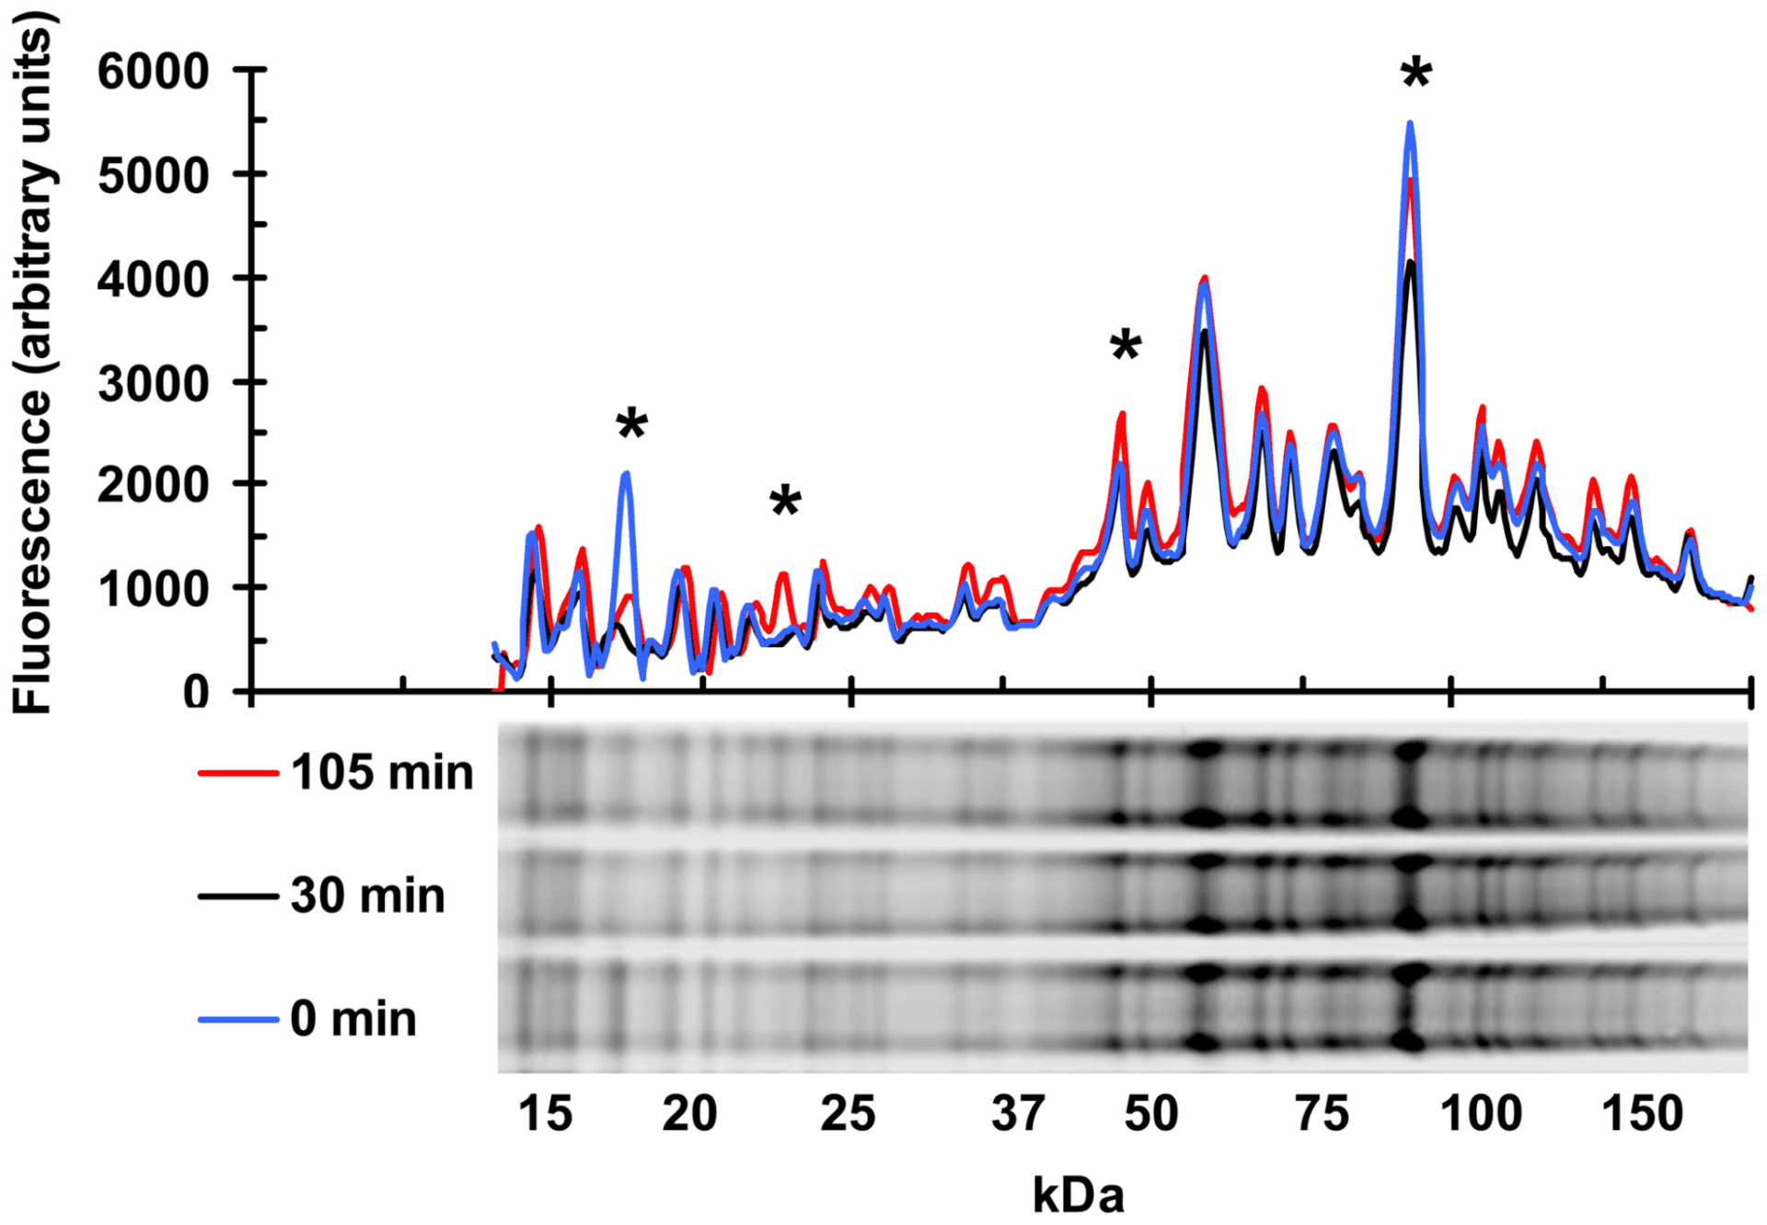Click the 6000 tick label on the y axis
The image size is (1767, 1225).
pyautogui.click(x=154, y=72)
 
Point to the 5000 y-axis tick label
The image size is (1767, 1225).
pyautogui.click(x=154, y=175)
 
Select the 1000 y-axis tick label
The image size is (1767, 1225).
pyautogui.click(x=154, y=589)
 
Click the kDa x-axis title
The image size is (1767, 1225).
pyautogui.click(x=1078, y=1195)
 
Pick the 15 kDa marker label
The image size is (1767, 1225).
pyautogui.click(x=545, y=1114)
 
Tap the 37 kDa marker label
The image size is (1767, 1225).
pyautogui.click(x=1017, y=1114)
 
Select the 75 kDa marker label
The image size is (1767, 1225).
pyautogui.click(x=1322, y=1114)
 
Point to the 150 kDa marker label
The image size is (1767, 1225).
pyautogui.click(x=1642, y=1114)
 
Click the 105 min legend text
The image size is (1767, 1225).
pyautogui.click(x=382, y=772)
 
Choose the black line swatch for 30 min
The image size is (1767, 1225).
pyautogui.click(x=238, y=896)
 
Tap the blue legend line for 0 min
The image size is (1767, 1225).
pyautogui.click(x=238, y=1019)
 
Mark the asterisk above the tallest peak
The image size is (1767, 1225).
pyautogui.click(x=1416, y=72)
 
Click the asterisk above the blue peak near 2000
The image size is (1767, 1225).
pyautogui.click(x=632, y=424)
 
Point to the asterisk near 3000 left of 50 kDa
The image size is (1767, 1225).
pyautogui.click(x=1126, y=345)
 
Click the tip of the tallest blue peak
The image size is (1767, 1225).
pyautogui.click(x=1410, y=122)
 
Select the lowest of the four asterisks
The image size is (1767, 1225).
pyautogui.click(x=785, y=501)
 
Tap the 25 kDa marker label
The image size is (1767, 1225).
pyautogui.click(x=848, y=1114)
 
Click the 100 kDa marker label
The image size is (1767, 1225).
pyautogui.click(x=1481, y=1114)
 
